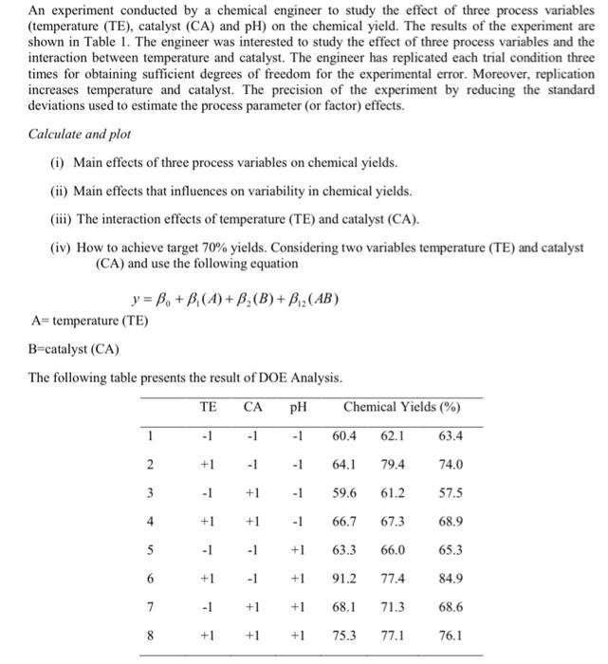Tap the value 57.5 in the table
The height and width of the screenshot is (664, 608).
pos(451,493)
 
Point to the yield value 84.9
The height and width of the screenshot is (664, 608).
pos(451,578)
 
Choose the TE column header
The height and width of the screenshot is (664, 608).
pos(208,408)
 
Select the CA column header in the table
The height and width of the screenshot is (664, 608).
pos(253,408)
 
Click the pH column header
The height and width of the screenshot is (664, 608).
pos(298,408)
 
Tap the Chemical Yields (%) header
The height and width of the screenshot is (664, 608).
pos(402,408)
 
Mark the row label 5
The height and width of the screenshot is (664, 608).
pos(149,549)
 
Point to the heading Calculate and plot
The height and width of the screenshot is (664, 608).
pos(79,135)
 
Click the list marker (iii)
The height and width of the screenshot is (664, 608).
pos(62,221)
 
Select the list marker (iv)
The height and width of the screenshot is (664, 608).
pos(62,249)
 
